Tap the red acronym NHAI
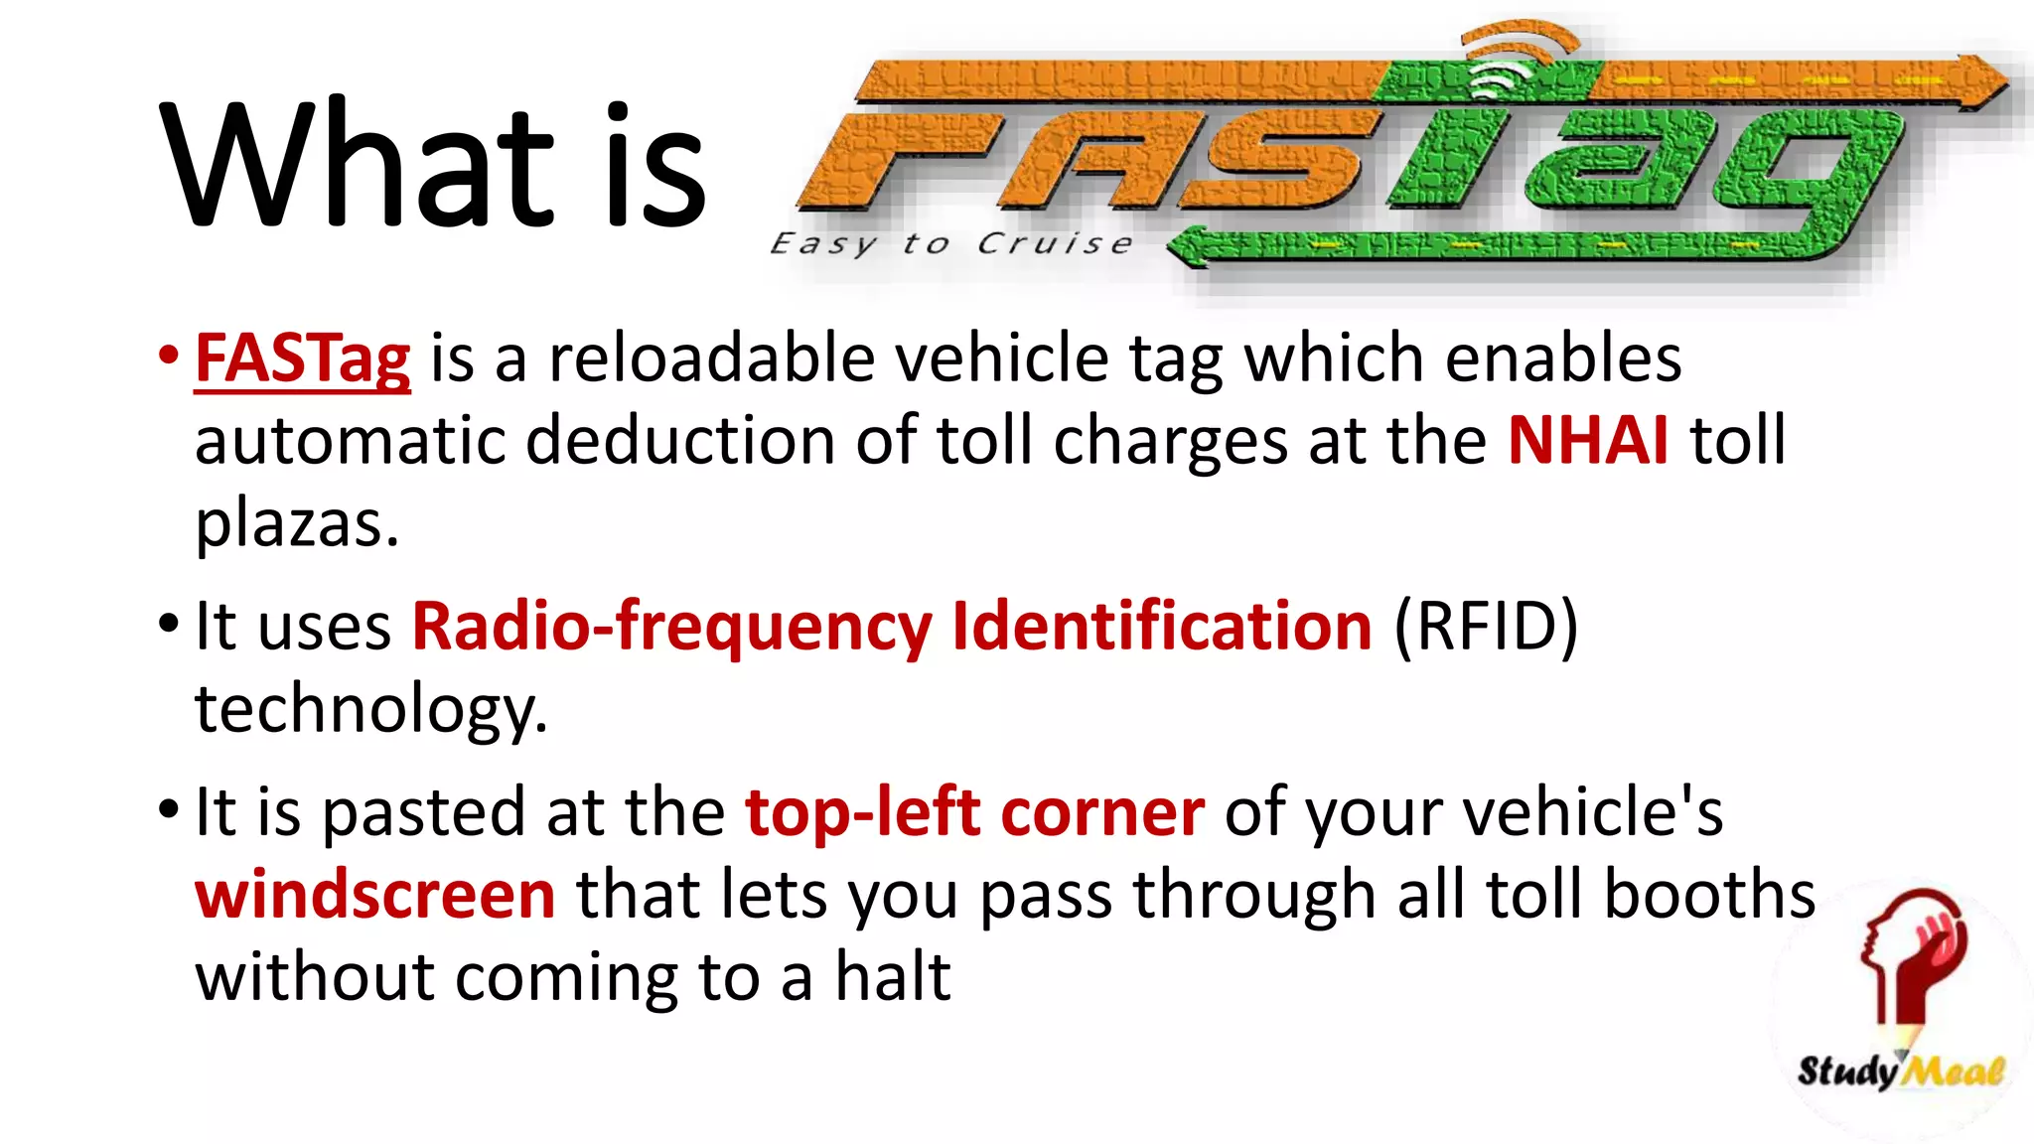coord(1587,440)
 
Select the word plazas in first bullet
coord(296,523)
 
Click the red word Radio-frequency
coord(671,627)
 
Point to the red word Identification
coord(1161,627)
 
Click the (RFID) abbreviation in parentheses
coord(1486,627)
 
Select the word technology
coord(370,709)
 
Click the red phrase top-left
coord(862,812)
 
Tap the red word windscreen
coord(374,895)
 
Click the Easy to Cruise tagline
coord(950,244)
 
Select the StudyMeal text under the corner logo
coord(1899,1072)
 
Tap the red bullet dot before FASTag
coord(169,355)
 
